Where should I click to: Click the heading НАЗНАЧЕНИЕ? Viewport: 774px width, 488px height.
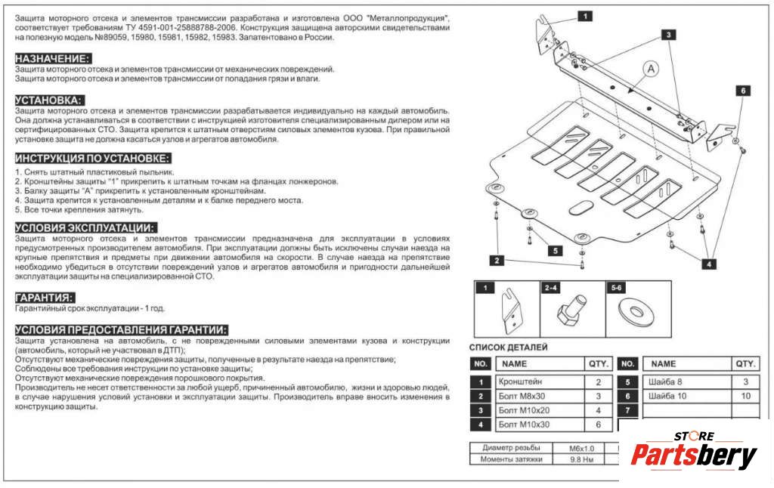click(x=53, y=58)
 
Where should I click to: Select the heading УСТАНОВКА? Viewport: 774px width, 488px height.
click(x=49, y=100)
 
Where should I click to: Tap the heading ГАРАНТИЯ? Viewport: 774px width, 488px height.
click(x=45, y=298)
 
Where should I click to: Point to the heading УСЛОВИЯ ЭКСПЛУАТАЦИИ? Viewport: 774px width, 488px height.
click(x=85, y=228)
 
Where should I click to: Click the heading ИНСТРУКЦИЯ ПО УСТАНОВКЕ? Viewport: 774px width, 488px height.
click(x=93, y=158)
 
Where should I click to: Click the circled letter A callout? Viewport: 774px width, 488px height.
click(x=651, y=69)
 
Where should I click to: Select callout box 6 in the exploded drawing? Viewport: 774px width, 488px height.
click(x=742, y=91)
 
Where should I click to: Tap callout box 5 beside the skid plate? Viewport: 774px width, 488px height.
click(x=554, y=251)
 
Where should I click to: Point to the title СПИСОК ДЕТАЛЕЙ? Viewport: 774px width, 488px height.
click(x=509, y=347)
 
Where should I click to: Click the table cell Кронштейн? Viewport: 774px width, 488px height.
click(x=522, y=382)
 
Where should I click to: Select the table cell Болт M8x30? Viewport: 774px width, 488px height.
click(x=523, y=397)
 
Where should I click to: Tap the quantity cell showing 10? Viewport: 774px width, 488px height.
click(x=746, y=397)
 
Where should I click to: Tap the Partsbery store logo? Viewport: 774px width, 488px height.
click(x=694, y=453)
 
